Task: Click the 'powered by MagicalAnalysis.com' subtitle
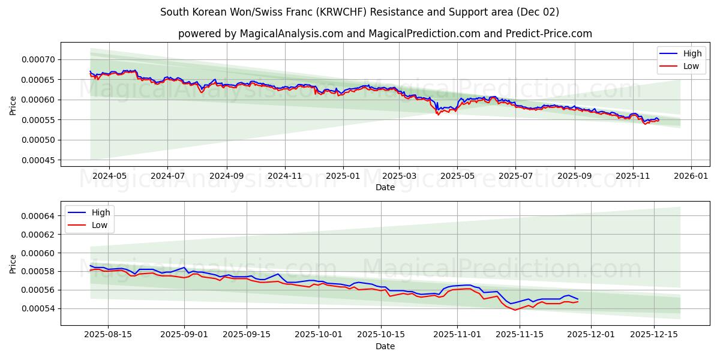(385, 34)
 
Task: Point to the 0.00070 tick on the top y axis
(38, 59)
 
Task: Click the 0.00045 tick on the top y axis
(38, 160)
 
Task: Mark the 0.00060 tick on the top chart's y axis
(38, 100)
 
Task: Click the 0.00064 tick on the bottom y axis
(38, 216)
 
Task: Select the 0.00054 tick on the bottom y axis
(38, 308)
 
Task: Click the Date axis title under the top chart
(385, 187)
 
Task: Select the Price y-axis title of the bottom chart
(13, 263)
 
